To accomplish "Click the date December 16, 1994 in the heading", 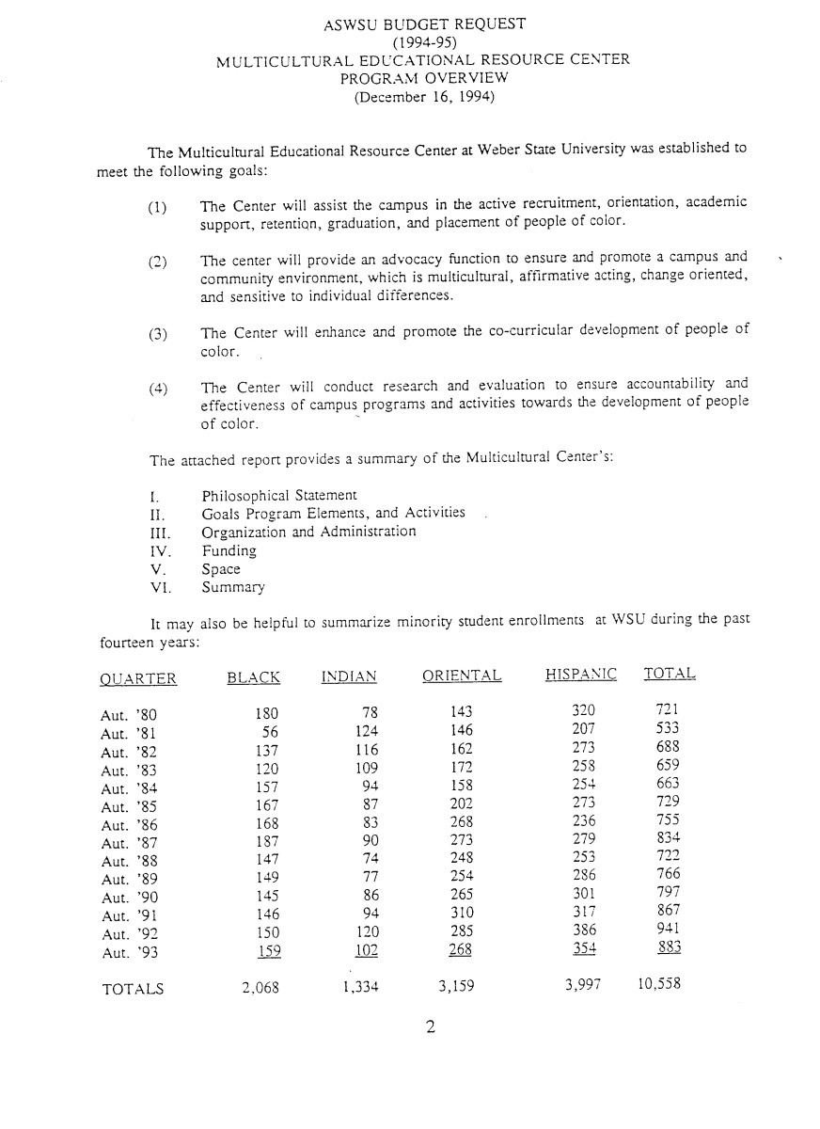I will [423, 95].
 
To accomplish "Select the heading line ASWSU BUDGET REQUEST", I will [424, 24].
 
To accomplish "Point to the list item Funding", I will [229, 550].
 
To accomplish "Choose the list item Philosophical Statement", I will [279, 495].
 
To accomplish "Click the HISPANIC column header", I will [580, 675].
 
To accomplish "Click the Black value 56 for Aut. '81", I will [271, 730].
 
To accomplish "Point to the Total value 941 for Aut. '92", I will [668, 930].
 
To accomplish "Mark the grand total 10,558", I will [659, 986].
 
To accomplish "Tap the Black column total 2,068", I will [260, 988].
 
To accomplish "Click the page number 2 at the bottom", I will [430, 1027].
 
